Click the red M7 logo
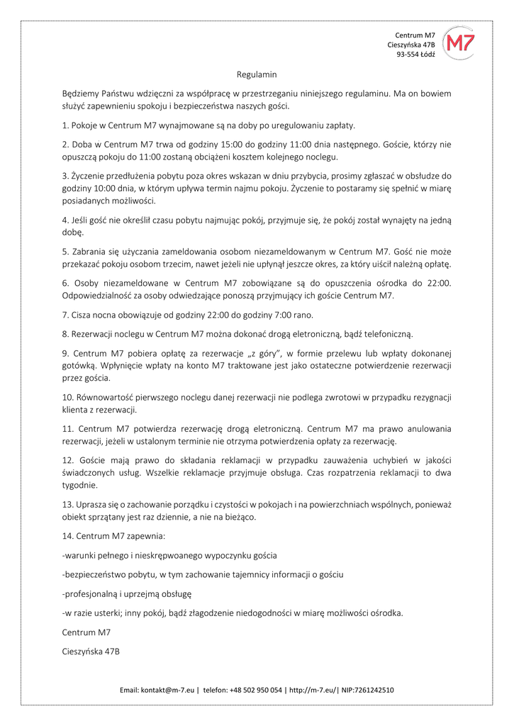(461, 44)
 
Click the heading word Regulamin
(257, 74)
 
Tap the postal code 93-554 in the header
(407, 55)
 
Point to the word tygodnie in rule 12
(80, 486)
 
